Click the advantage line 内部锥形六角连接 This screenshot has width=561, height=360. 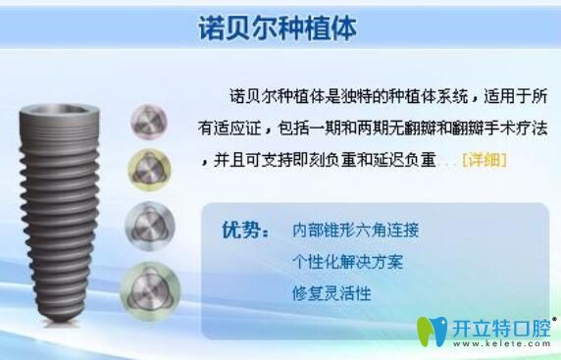coord(355,231)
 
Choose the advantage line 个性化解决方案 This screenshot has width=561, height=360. coord(347,262)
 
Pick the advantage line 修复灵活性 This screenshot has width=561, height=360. coord(331,292)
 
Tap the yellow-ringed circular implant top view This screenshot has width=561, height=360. coord(150,169)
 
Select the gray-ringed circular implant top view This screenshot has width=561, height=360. coord(150,224)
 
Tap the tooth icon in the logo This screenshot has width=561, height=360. coord(433,331)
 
